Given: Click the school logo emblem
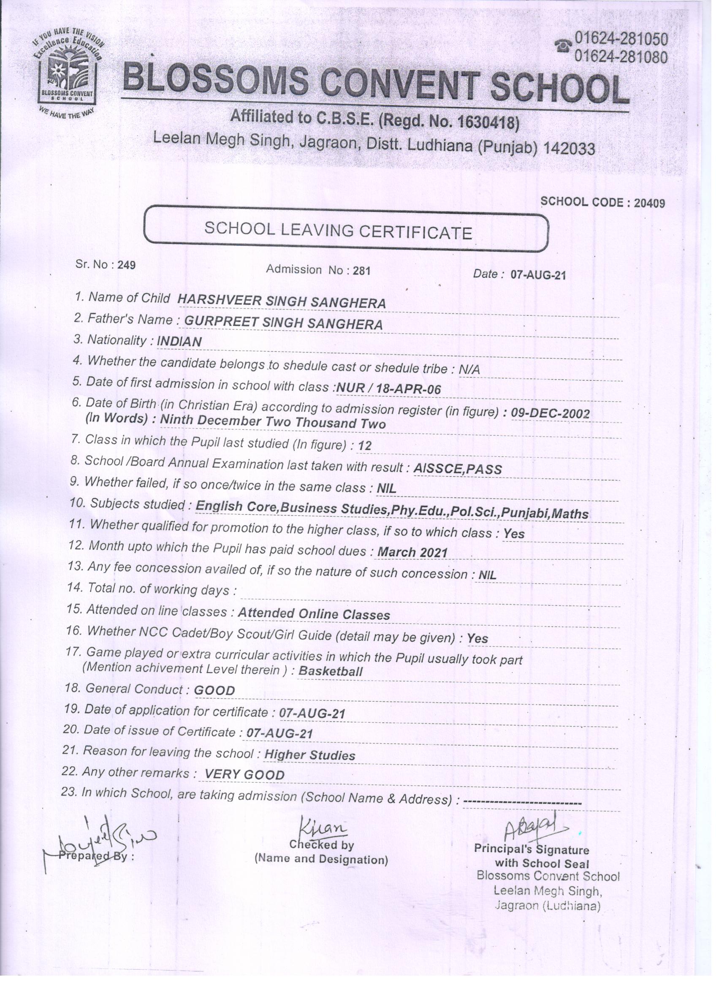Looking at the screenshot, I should (x=67, y=72).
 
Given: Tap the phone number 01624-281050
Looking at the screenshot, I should (x=621, y=39).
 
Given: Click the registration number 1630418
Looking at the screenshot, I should (x=486, y=123).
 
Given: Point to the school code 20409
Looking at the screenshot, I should (x=649, y=203).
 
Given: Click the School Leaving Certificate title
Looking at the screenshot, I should (x=338, y=230).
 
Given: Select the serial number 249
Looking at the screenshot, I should (x=127, y=265).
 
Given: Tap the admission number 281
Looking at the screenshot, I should (x=361, y=271).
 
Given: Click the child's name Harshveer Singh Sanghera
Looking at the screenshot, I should (x=282, y=301).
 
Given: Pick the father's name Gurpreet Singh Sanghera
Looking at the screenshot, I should (x=283, y=323).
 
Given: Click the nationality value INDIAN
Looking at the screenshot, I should (x=179, y=342).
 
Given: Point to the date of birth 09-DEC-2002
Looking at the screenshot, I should (x=550, y=413).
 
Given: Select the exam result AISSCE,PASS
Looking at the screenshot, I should (x=458, y=469).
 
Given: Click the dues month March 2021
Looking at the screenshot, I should (x=412, y=552).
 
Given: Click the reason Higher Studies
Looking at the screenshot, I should (x=309, y=755).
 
